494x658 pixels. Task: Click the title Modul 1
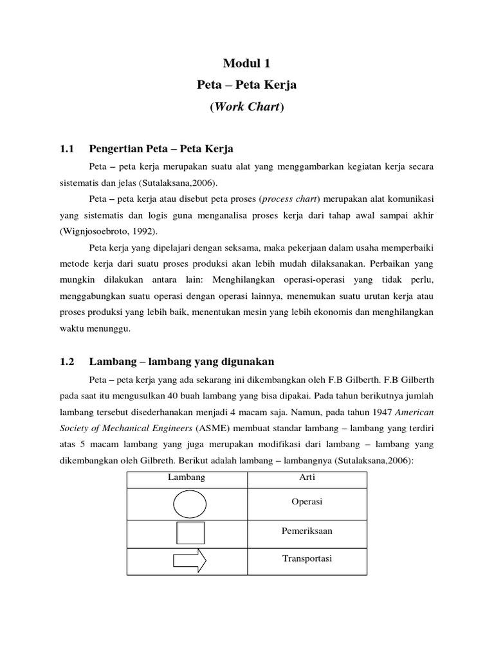point(247,63)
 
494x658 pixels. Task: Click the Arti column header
point(307,477)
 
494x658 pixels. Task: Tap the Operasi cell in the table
point(307,502)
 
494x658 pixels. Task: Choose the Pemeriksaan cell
point(307,531)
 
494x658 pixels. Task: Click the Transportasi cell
point(307,559)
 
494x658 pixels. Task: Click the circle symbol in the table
point(190,504)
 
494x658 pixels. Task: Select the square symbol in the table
point(190,533)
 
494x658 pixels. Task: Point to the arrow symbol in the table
point(190,561)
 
